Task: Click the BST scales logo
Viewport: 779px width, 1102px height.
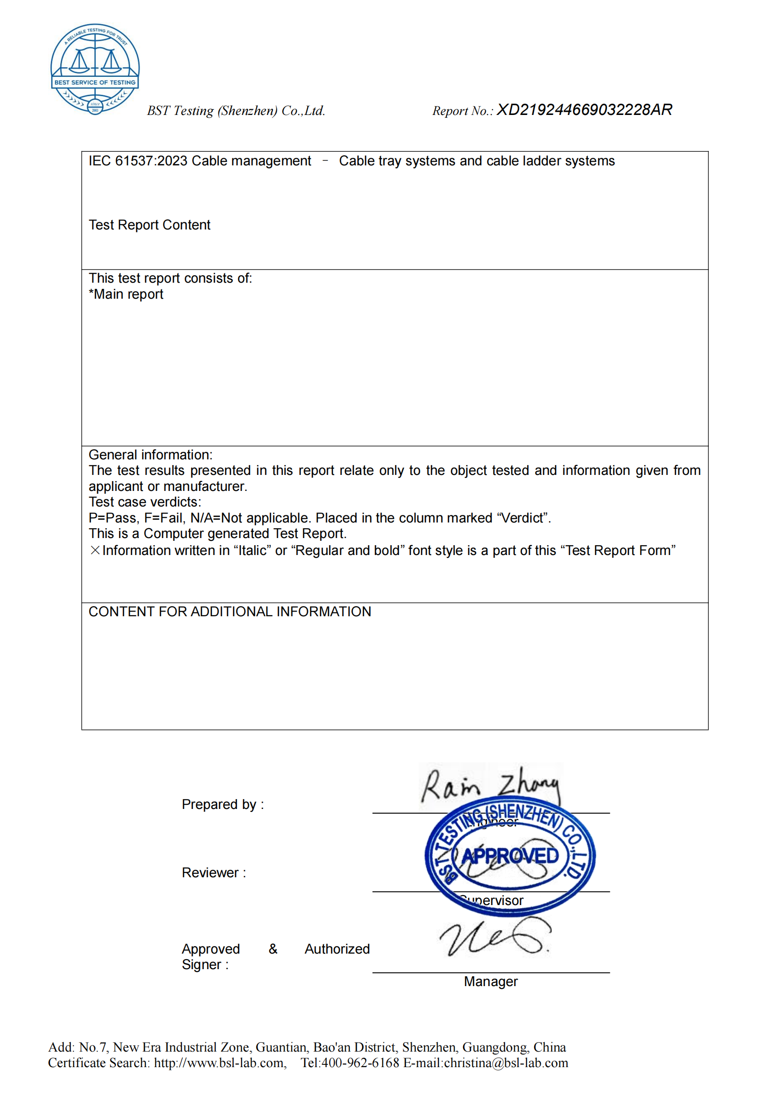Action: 95,68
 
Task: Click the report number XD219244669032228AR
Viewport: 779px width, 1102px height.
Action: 584,110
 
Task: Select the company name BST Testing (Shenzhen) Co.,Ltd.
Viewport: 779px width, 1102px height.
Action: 236,111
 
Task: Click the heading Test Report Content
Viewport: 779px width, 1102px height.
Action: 149,225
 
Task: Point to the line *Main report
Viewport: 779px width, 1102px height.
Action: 126,294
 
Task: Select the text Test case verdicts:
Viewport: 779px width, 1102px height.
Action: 145,502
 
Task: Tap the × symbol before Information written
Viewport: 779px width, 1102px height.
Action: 95,550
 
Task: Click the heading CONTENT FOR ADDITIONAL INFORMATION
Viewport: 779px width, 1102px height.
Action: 230,612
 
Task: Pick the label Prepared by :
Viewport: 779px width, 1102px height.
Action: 223,804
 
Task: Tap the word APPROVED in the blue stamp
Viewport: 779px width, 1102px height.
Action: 510,856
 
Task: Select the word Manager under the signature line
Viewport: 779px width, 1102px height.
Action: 490,981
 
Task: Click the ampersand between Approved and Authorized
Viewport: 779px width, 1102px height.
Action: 273,948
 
